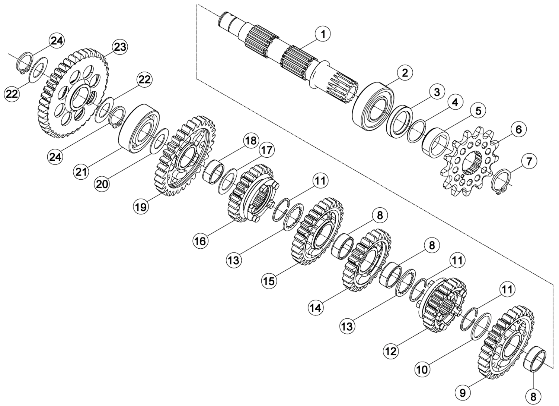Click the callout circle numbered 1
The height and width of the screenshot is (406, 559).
pos(323,34)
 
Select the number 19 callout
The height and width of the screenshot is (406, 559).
pos(141,207)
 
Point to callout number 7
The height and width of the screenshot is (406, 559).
pos(529,161)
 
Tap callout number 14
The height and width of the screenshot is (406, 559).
pos(316,307)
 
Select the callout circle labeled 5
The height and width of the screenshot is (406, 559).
pos(478,110)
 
